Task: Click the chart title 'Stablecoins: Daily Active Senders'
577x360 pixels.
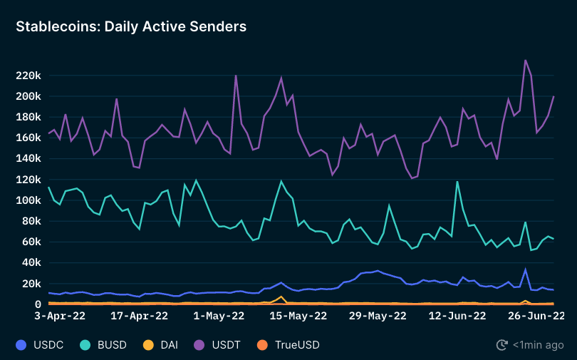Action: pos(131,26)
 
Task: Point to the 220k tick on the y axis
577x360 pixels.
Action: pos(28,76)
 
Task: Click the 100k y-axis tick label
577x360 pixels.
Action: pos(28,200)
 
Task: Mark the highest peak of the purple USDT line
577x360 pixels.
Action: pos(525,60)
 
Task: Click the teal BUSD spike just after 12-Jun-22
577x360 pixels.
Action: pos(457,182)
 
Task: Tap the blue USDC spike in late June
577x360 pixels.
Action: pos(525,269)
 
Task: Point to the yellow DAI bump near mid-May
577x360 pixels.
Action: pos(281,297)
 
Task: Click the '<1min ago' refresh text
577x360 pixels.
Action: pos(537,345)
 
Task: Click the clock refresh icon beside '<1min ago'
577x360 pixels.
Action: pos(502,345)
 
